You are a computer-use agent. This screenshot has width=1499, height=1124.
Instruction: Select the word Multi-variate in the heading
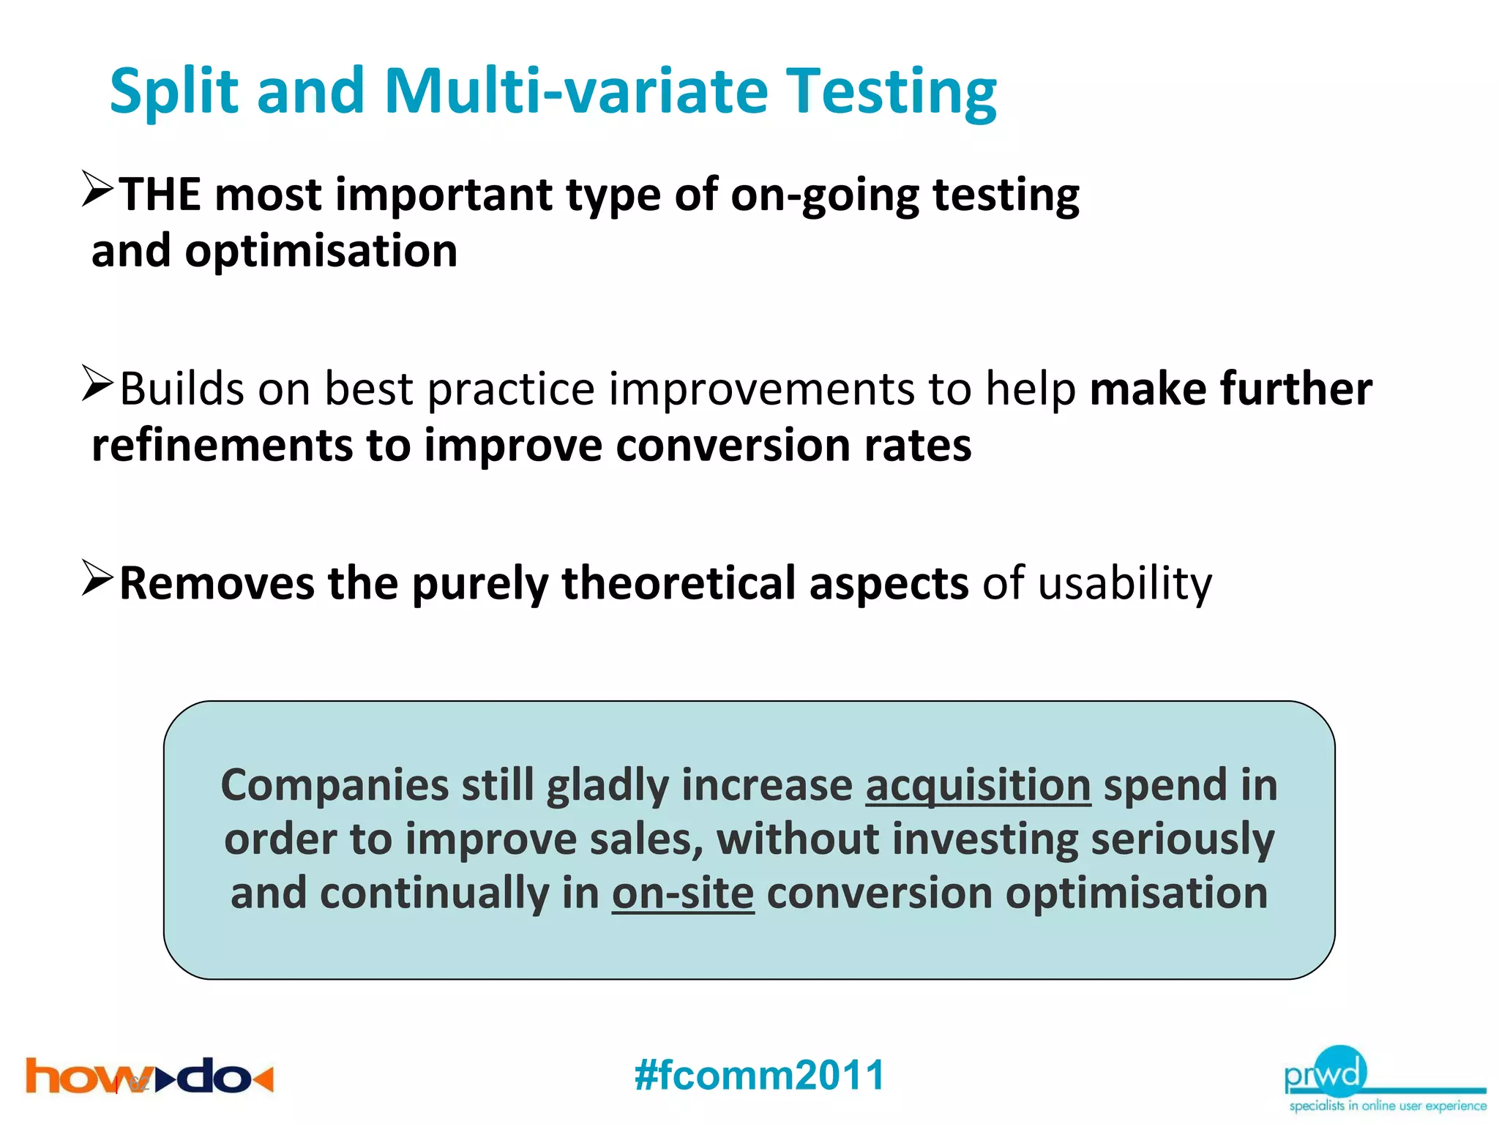click(x=576, y=91)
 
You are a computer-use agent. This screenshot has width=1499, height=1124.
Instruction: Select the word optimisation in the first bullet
click(x=321, y=251)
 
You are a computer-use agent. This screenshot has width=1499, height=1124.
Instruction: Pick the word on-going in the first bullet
click(x=824, y=195)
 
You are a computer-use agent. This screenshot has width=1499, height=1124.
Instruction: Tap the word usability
click(x=1125, y=584)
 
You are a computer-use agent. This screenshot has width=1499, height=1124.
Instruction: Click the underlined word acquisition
click(x=978, y=786)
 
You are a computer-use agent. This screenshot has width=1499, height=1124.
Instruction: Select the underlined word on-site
click(x=683, y=893)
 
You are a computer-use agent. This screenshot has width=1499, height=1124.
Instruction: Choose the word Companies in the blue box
click(x=334, y=786)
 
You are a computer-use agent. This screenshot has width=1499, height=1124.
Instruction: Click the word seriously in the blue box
click(x=1183, y=839)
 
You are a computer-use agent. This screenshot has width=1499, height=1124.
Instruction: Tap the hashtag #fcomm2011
click(x=760, y=1075)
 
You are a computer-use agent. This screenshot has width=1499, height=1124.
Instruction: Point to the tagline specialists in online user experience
click(x=1388, y=1106)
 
